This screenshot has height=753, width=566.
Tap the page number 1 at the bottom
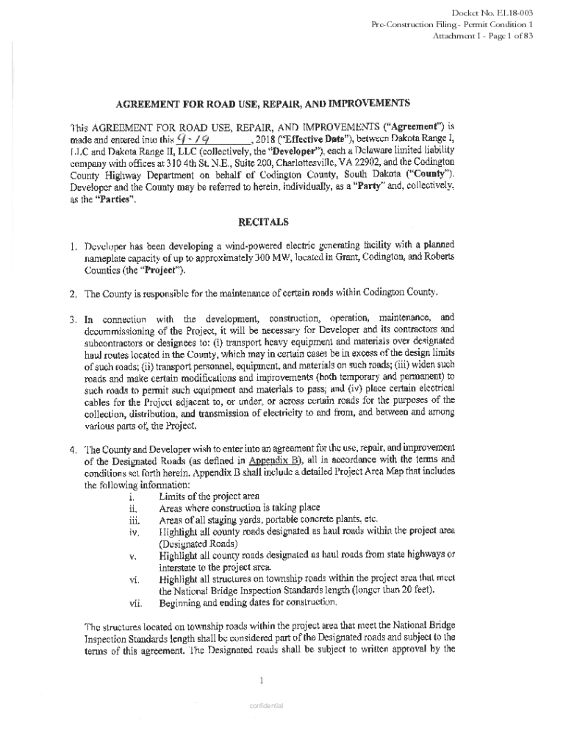(x=262, y=679)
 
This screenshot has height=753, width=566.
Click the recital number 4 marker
(x=74, y=449)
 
